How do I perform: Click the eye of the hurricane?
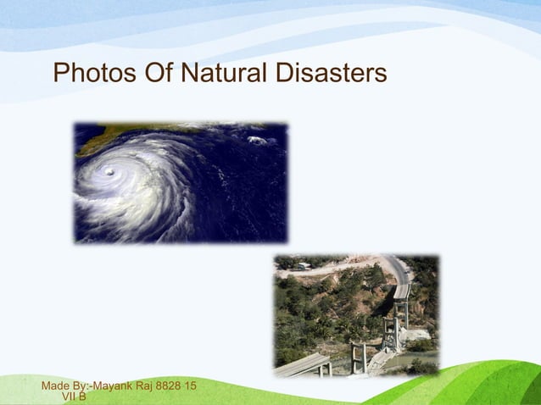(x=109, y=173)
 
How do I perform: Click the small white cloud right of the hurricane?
(x=255, y=140)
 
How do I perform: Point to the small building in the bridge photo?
(x=304, y=266)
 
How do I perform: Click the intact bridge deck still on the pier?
(x=402, y=291)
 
